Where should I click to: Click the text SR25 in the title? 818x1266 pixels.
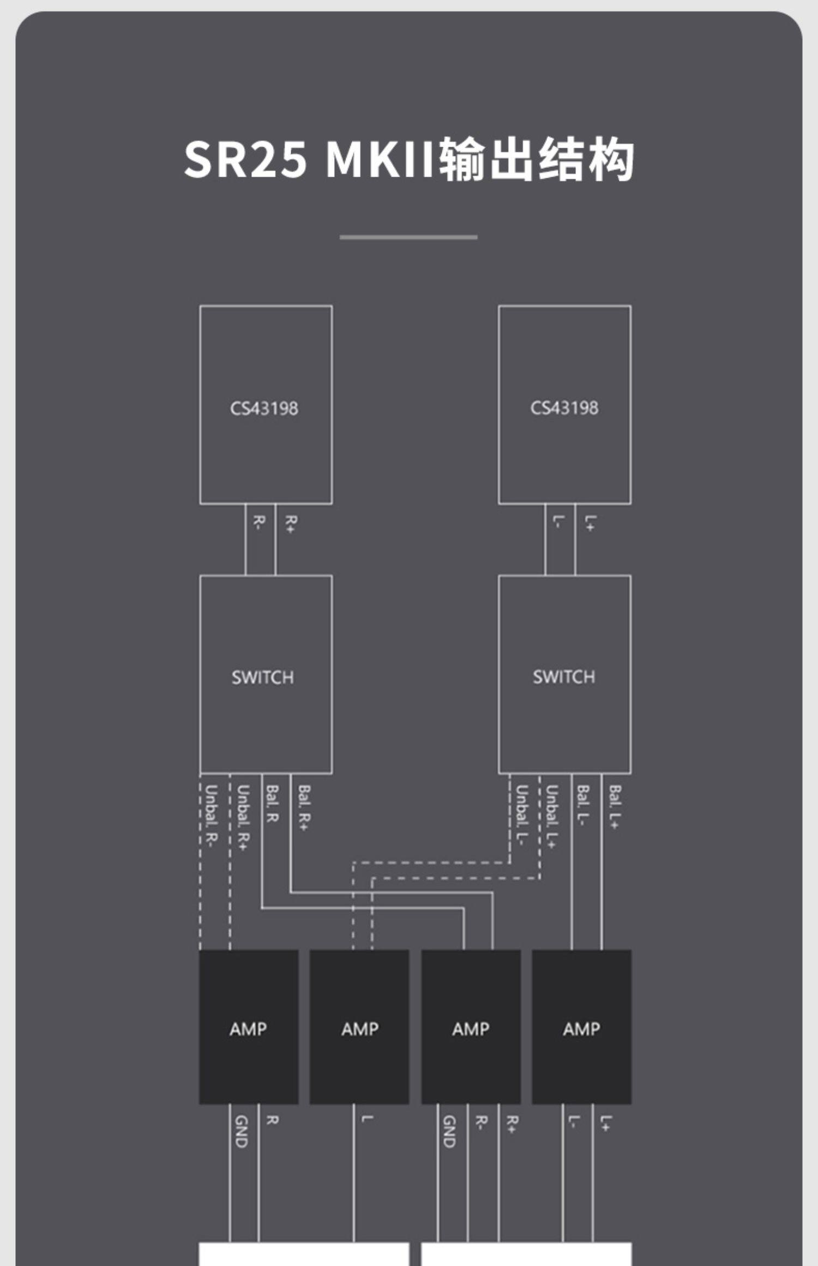tap(245, 159)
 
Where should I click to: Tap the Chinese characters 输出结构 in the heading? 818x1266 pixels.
tap(536, 159)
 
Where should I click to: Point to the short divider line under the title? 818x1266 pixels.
tap(408, 237)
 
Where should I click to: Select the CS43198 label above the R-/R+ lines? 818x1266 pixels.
tap(264, 408)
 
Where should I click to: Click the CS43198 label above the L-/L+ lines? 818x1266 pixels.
tap(564, 408)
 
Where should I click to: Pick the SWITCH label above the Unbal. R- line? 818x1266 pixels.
tap(262, 677)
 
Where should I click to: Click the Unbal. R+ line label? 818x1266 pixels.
tap(243, 817)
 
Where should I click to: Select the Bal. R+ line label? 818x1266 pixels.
tap(304, 807)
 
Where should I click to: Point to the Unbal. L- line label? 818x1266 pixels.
tap(522, 815)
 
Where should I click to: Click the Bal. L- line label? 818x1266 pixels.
tap(583, 806)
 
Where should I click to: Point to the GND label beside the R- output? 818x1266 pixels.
tap(449, 1131)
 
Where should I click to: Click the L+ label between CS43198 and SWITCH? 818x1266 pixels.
tap(590, 523)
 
